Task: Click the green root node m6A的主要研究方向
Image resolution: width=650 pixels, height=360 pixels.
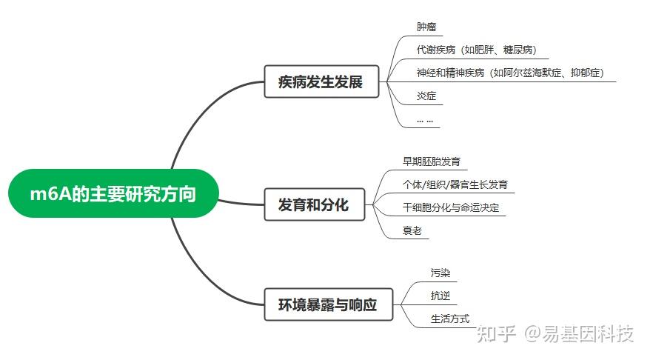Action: [x=113, y=193]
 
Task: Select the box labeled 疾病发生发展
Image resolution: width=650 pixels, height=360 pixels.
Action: [x=321, y=81]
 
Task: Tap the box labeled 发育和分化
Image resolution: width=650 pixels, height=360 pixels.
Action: [x=314, y=204]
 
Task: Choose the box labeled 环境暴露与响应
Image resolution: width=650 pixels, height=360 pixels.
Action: [x=328, y=304]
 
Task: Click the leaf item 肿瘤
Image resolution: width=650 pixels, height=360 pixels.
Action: [x=426, y=27]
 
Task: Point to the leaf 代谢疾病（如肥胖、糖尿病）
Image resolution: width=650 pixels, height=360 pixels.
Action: [x=476, y=50]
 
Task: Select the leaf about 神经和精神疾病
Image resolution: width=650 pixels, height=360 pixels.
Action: [x=510, y=73]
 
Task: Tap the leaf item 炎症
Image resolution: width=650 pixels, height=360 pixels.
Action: [x=426, y=96]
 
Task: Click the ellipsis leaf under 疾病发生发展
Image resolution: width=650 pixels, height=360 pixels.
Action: [x=425, y=121]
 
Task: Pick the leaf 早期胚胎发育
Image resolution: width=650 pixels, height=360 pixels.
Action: [x=431, y=161]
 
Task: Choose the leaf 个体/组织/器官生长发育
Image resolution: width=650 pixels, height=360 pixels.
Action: [x=455, y=184]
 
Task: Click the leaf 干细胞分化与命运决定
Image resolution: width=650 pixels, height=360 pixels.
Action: [x=451, y=207]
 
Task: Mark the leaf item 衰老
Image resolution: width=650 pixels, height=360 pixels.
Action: [x=412, y=230]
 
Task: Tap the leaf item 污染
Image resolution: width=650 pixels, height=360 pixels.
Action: [x=440, y=273]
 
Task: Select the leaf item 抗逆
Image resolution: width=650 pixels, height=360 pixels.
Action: [x=440, y=296]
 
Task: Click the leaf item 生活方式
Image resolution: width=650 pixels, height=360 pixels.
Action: [x=450, y=319]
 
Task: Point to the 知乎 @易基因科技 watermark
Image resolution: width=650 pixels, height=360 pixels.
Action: [x=555, y=334]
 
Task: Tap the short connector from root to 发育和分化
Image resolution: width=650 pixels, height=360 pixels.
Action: [x=241, y=203]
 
